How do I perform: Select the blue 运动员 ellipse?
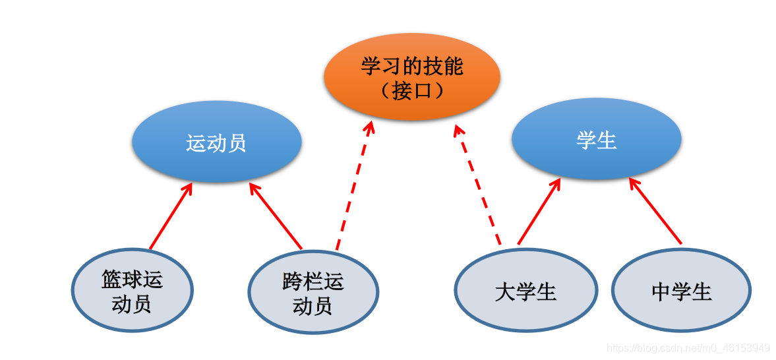[216, 142]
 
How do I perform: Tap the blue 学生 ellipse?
[596, 139]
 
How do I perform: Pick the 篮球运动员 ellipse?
[132, 291]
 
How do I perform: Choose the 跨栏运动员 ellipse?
[313, 292]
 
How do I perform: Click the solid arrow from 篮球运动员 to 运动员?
[170, 217]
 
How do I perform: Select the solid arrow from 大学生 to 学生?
[539, 211]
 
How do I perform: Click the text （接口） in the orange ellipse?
[411, 90]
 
